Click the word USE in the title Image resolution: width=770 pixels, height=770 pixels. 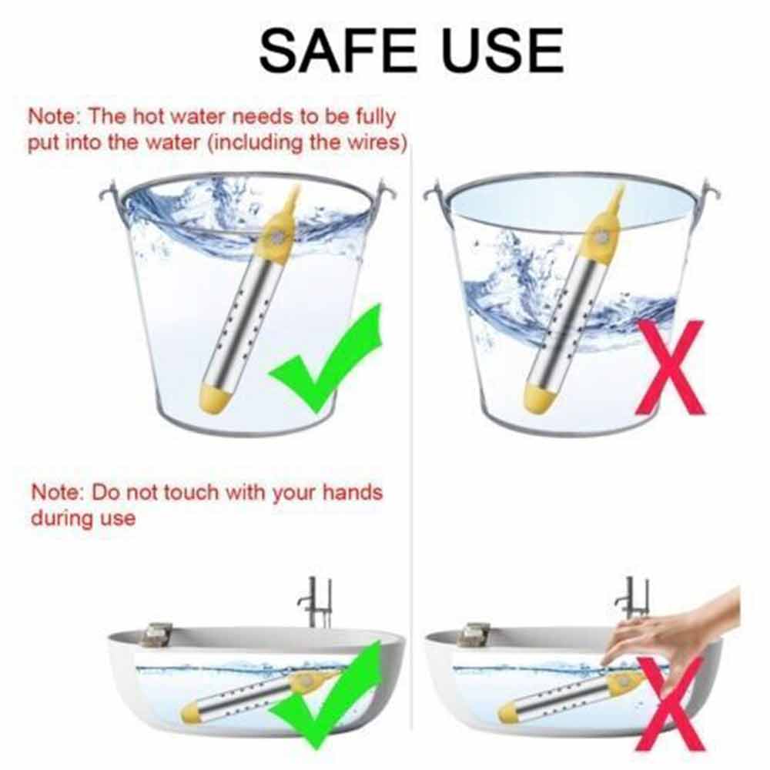click(503, 50)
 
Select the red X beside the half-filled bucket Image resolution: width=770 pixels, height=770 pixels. click(670, 367)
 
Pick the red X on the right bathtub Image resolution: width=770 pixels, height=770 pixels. click(670, 703)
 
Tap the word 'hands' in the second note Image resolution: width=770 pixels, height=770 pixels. click(353, 491)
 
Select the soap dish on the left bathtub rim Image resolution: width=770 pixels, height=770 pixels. click(157, 634)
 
